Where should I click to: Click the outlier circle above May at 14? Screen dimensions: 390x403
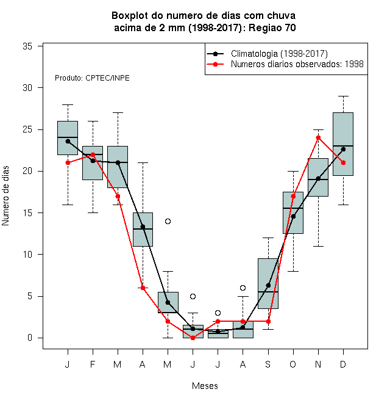click(168, 221)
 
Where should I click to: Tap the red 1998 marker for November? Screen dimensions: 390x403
click(318, 138)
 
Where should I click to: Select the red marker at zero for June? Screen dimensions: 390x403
click(193, 338)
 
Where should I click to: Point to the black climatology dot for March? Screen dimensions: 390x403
click(118, 162)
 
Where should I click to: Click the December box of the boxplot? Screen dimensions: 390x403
click(343, 144)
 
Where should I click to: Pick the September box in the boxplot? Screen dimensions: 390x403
click(268, 283)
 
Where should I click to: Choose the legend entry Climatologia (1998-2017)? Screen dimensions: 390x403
click(268, 54)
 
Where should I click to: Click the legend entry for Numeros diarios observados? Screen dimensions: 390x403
click(285, 64)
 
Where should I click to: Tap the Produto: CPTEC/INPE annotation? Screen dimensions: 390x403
click(92, 78)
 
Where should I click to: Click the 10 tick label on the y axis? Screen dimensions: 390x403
click(27, 255)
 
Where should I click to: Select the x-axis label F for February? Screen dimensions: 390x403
click(93, 364)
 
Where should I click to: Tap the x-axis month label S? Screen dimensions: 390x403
click(268, 364)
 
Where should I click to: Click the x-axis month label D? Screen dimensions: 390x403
click(343, 364)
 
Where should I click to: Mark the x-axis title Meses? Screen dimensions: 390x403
click(205, 386)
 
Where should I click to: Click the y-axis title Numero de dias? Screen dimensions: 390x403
click(5, 196)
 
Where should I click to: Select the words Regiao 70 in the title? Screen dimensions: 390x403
click(272, 27)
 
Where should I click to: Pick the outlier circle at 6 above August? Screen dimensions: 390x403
click(243, 288)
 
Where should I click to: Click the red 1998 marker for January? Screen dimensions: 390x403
click(68, 162)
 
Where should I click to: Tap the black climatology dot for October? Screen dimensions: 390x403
click(293, 216)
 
